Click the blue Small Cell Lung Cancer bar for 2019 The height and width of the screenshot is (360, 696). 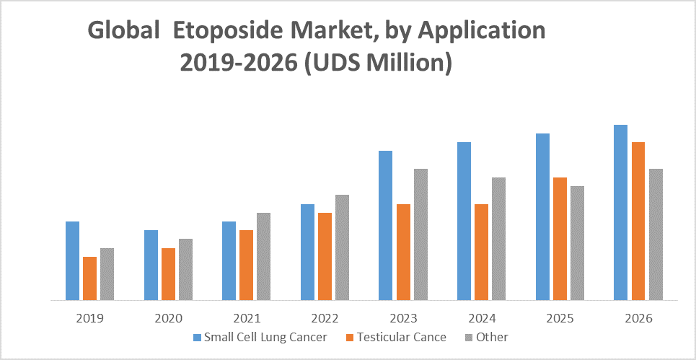click(x=72, y=260)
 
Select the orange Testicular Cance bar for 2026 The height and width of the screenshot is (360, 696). click(x=638, y=221)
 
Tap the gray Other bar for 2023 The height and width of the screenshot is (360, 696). click(x=420, y=234)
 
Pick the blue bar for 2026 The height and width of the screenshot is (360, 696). click(x=620, y=212)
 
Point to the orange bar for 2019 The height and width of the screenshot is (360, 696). click(x=89, y=278)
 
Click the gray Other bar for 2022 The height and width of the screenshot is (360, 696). click(x=342, y=247)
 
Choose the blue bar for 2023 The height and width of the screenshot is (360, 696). click(x=386, y=225)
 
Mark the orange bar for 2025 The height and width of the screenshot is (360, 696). click(x=560, y=239)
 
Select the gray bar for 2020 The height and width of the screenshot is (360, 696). click(x=185, y=269)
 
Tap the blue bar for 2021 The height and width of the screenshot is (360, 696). click(x=229, y=260)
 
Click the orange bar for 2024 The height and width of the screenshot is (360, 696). click(x=481, y=252)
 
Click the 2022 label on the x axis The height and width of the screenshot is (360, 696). click(x=325, y=318)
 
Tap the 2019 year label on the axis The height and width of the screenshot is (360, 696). click(x=89, y=318)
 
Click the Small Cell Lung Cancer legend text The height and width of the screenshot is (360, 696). click(x=265, y=337)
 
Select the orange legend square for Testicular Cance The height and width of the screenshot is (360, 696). click(x=351, y=337)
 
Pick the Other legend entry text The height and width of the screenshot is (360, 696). click(x=492, y=337)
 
